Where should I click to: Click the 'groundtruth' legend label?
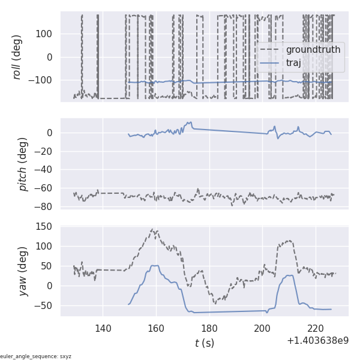point(313,49)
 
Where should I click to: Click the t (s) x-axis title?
point(204,343)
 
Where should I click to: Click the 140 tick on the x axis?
point(103,328)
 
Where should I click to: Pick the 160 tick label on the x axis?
point(156,328)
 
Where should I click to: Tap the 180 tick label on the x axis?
point(209,328)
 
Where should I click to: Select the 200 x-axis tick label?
point(262,328)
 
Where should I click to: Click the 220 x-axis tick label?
point(316,328)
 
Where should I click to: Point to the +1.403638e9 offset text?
point(317,341)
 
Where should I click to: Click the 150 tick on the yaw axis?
point(44,227)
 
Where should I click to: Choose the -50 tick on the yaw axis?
point(44,305)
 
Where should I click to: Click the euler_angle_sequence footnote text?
point(36,356)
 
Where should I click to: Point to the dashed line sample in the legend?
point(271,49)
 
